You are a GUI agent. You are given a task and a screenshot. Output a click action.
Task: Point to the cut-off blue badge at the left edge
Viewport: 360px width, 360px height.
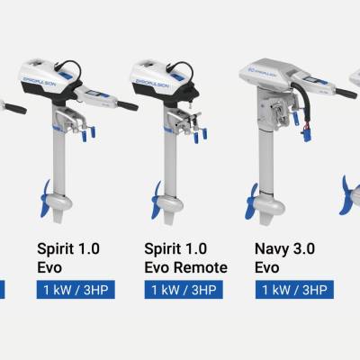[3, 290]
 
